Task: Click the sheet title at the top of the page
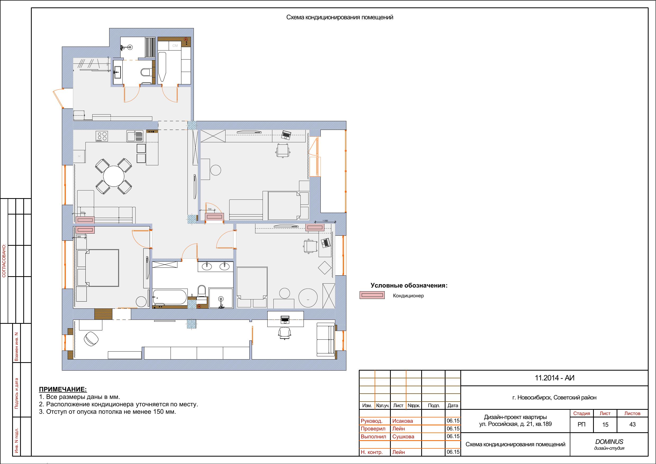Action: pos(340,17)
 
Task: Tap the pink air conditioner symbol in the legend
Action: pos(372,295)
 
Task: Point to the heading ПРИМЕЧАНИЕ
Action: pos(63,389)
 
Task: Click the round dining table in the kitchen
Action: pos(114,176)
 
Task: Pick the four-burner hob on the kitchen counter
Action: pos(102,136)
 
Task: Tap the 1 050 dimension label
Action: pos(325,221)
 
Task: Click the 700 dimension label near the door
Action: pos(209,209)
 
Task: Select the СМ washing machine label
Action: pos(175,46)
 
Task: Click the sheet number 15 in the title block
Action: pos(605,425)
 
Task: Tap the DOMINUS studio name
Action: pos(609,442)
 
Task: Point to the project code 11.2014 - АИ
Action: pos(554,378)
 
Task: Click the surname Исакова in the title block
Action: pos(403,421)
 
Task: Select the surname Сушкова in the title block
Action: pos(403,436)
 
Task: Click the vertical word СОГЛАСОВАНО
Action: pos(4,261)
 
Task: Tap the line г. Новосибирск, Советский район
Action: pos(554,398)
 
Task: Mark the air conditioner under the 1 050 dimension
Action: pos(315,228)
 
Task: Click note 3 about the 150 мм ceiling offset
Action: pos(107,412)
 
